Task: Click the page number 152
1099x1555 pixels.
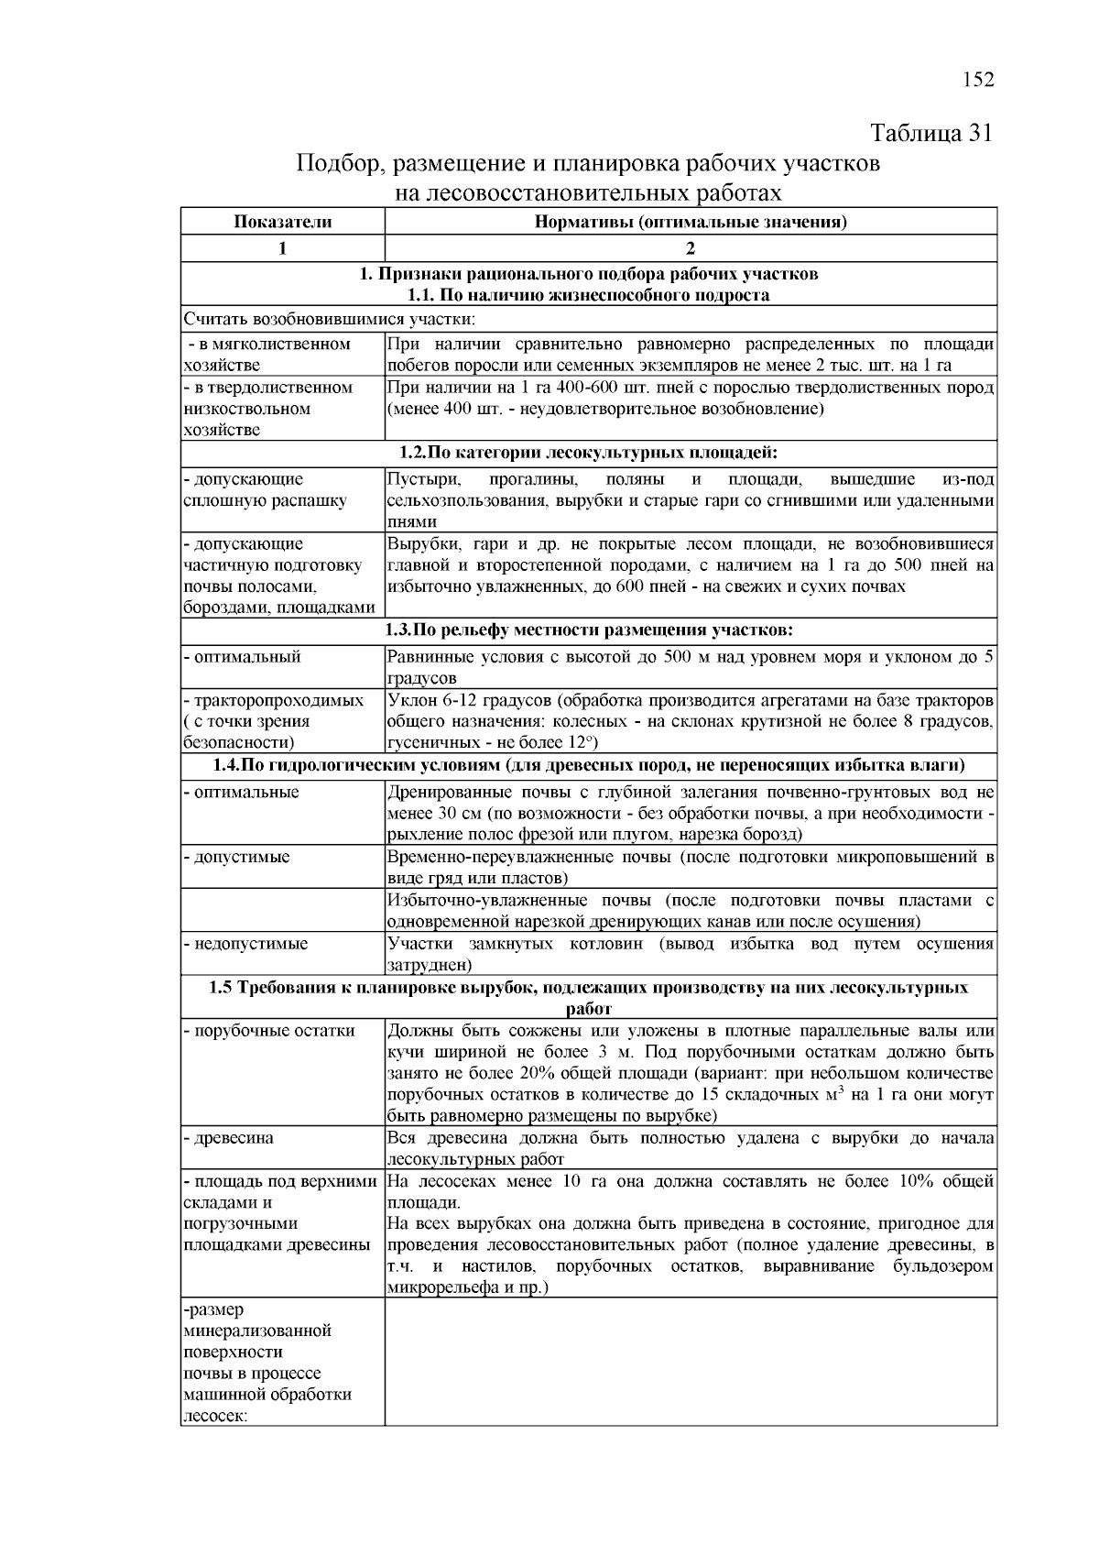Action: (977, 79)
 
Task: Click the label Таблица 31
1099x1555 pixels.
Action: (930, 133)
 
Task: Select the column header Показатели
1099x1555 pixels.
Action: (282, 222)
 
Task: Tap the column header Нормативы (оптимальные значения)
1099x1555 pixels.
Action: (690, 222)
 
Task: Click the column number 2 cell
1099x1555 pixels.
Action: (690, 248)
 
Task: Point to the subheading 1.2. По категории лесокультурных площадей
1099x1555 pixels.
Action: (588, 453)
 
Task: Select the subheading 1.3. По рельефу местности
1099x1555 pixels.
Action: (588, 630)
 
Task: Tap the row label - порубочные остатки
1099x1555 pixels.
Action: (269, 1031)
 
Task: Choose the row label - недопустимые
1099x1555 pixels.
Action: (245, 944)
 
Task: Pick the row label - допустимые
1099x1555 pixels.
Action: (237, 858)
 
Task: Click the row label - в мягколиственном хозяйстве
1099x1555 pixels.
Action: (267, 355)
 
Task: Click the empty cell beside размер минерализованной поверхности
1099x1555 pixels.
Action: (690, 1363)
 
